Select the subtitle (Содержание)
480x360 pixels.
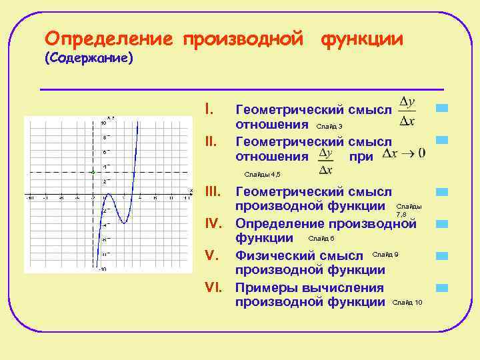89,59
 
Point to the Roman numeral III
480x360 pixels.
211,192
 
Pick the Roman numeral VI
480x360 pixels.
213,287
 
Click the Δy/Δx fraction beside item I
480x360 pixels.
407,111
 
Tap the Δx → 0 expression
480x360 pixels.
404,153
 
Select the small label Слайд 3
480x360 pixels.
329,126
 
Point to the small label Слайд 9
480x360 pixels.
385,255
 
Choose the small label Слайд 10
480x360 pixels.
407,303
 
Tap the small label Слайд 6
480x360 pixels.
322,239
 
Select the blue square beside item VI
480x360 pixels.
441,288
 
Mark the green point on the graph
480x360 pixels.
93,173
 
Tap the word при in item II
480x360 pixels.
361,157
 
